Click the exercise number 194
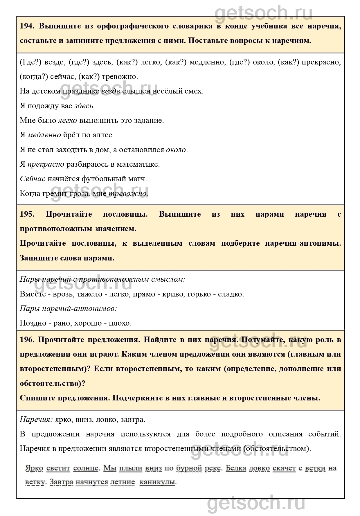click(x=27, y=26)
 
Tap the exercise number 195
click(x=27, y=214)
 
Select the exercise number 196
click(x=27, y=339)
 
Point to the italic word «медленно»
click(x=44, y=135)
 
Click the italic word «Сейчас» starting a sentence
click(x=33, y=179)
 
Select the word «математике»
click(x=138, y=164)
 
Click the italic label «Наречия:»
click(x=36, y=420)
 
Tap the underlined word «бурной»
click(x=189, y=468)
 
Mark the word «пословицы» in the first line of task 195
click(x=125, y=214)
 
